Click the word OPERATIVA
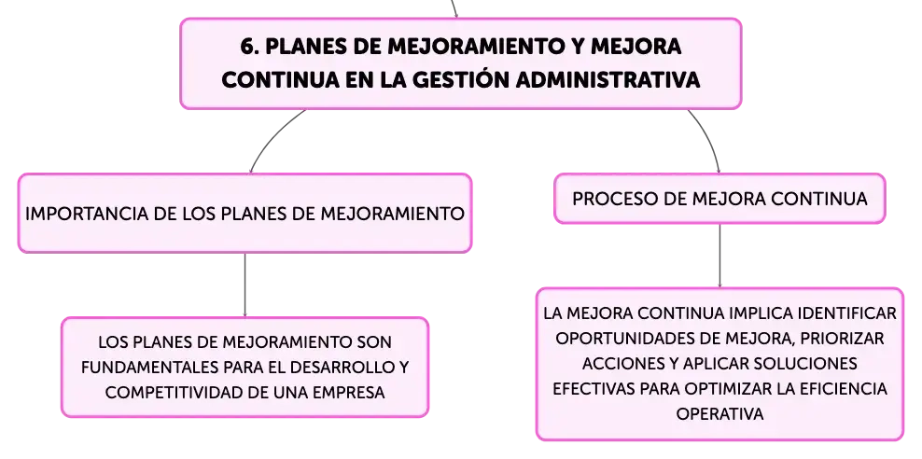coord(719,414)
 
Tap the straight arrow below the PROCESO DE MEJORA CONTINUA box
coord(719,256)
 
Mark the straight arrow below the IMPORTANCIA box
coord(244,285)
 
